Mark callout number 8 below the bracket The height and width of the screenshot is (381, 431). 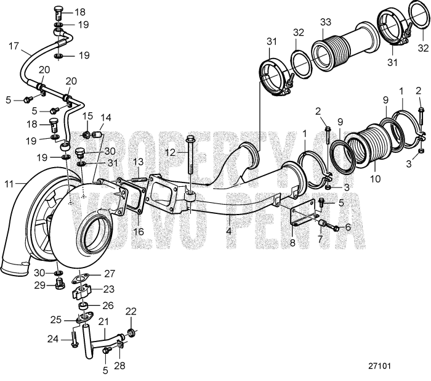click(x=292, y=243)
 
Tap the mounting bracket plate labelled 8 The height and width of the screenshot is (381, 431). click(x=303, y=218)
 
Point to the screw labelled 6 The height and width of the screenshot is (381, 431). click(x=332, y=227)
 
